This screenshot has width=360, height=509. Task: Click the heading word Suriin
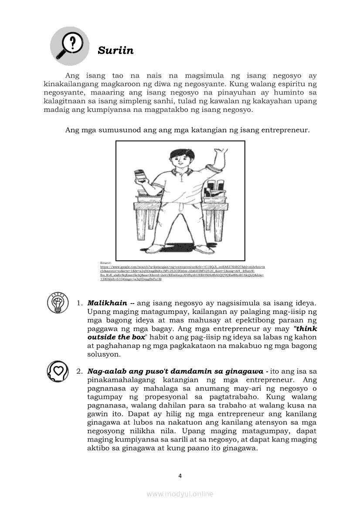115,51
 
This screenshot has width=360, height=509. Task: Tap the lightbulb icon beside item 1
58,303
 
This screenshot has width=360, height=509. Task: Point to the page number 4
180,475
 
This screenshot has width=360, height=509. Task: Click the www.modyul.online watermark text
180,494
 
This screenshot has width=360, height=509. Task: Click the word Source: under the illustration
106,263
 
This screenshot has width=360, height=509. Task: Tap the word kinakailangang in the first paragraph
74,84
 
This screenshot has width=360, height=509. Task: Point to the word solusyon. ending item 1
104,354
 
